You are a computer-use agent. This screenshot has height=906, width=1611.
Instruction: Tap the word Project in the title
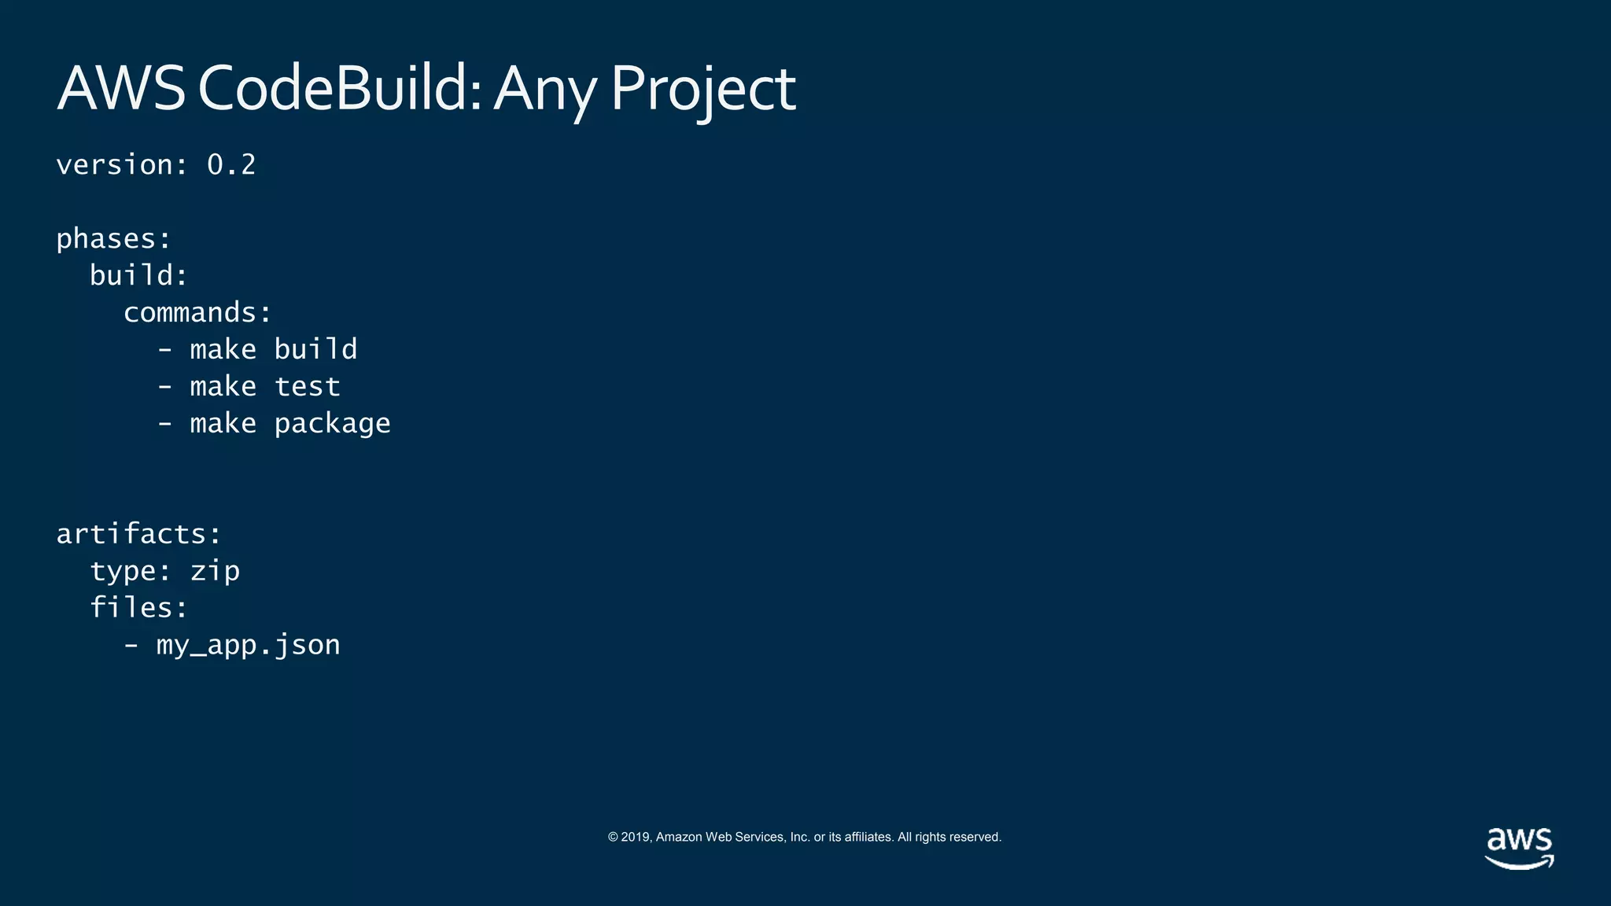702,88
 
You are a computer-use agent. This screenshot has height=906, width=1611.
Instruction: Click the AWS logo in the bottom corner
1519,848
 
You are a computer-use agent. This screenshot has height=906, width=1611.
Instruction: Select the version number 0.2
231,165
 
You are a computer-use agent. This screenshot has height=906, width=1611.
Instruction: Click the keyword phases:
113,239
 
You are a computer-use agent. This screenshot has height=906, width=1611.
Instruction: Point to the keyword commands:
197,313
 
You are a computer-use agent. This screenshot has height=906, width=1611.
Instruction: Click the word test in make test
307,387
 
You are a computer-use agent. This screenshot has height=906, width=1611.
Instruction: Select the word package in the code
332,424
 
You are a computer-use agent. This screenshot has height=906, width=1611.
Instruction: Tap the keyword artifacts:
139,535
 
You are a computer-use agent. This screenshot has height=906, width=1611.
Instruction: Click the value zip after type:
215,572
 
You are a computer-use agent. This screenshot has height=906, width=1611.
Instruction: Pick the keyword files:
138,608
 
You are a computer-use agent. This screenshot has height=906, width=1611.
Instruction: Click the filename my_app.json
248,646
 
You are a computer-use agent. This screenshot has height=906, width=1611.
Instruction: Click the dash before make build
164,350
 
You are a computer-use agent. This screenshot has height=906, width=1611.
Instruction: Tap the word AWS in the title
121,88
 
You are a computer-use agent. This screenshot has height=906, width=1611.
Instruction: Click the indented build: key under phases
138,276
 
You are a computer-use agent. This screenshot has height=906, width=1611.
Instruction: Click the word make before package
223,424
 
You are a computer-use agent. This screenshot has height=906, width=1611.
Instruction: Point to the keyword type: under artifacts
130,572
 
